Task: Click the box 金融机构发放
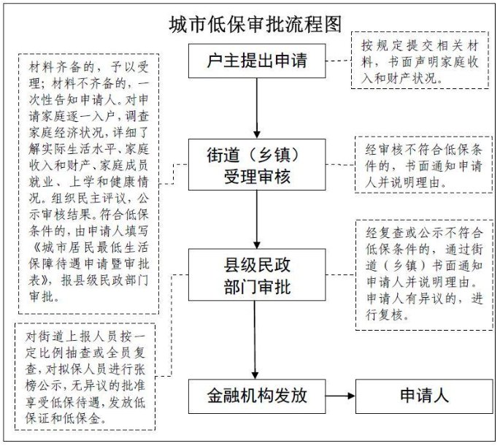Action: click(255, 397)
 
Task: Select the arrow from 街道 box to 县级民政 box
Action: click(255, 218)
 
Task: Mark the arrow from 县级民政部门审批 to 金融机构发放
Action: click(255, 339)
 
